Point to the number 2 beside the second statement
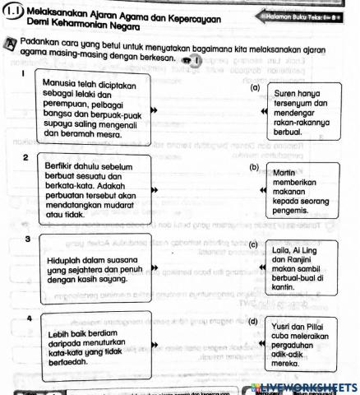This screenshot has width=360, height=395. click(x=27, y=156)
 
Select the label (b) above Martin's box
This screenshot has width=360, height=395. click(x=253, y=167)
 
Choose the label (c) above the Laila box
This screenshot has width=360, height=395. click(x=254, y=244)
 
